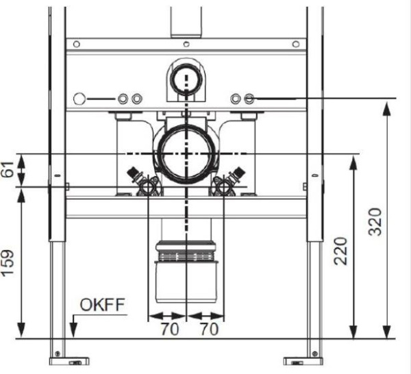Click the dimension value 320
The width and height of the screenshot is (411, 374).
[375, 222]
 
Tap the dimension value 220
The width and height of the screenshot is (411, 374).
[340, 251]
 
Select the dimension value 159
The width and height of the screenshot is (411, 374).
[8, 263]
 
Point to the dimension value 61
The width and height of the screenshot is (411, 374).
[8, 170]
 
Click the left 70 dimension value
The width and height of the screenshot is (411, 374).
[170, 329]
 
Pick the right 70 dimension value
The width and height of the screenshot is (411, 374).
[210, 329]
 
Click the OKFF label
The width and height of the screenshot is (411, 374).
[102, 305]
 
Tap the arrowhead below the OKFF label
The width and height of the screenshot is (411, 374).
[74, 330]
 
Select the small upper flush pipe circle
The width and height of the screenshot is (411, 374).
[186, 78]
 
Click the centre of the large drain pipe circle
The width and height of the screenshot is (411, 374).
[186, 154]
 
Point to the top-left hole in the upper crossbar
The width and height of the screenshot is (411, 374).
[77, 44]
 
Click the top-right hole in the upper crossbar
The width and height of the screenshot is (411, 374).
[296, 44]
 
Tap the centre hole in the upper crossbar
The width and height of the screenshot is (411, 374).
[186, 44]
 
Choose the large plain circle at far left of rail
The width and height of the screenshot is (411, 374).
[79, 99]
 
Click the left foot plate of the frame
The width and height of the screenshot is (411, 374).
[69, 361]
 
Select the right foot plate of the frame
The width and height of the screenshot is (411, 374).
[303, 361]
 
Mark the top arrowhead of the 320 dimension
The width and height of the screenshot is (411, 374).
[386, 108]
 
